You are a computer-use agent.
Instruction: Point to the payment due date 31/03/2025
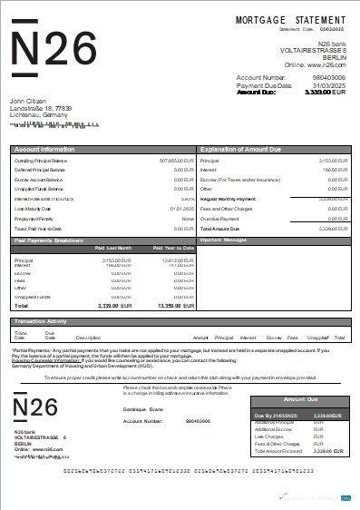pos(327,85)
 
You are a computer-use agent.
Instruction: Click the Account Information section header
pos(44,147)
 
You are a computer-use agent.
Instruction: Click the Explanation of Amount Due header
pos(244,147)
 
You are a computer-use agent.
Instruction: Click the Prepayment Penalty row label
pos(35,219)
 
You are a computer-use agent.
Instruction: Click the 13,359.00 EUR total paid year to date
pos(176,306)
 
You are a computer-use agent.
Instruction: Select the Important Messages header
pos(224,240)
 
